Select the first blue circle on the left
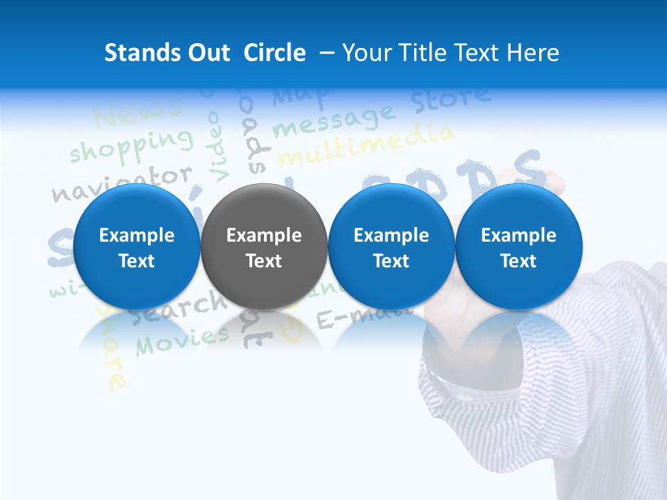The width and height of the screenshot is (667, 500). (x=136, y=247)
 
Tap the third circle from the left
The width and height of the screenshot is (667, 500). (x=391, y=247)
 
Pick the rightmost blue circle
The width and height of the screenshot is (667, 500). (x=518, y=247)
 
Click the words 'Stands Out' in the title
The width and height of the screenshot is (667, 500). (x=167, y=53)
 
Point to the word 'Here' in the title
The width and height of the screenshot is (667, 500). (x=533, y=53)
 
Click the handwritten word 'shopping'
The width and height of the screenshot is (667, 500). (x=130, y=144)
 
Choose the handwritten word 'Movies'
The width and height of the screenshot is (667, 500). (x=182, y=340)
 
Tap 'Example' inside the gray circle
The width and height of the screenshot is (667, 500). (x=264, y=235)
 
